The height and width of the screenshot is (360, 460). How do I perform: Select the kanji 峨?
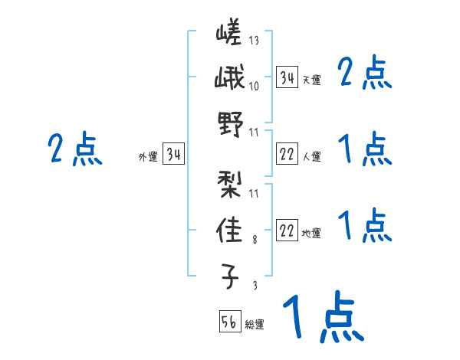pyautogui.click(x=228, y=80)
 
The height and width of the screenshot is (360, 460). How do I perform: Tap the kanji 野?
pyautogui.click(x=229, y=125)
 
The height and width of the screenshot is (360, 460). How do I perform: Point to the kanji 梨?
pyautogui.click(x=229, y=183)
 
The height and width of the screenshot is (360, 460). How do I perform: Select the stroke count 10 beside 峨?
pyautogui.click(x=255, y=85)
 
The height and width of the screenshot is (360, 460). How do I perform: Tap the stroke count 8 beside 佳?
pyautogui.click(x=255, y=240)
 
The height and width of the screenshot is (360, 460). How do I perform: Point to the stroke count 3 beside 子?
pyautogui.click(x=255, y=286)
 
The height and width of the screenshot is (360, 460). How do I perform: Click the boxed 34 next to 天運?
pyautogui.click(x=287, y=77)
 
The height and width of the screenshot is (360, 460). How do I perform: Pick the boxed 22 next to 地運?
pyautogui.click(x=287, y=231)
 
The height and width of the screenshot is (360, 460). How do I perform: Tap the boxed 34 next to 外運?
pyautogui.click(x=174, y=155)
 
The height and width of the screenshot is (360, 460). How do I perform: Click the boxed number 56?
pyautogui.click(x=229, y=322)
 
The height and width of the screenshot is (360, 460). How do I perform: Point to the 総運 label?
pyautogui.click(x=255, y=325)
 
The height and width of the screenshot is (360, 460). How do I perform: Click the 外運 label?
pyautogui.click(x=148, y=157)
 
